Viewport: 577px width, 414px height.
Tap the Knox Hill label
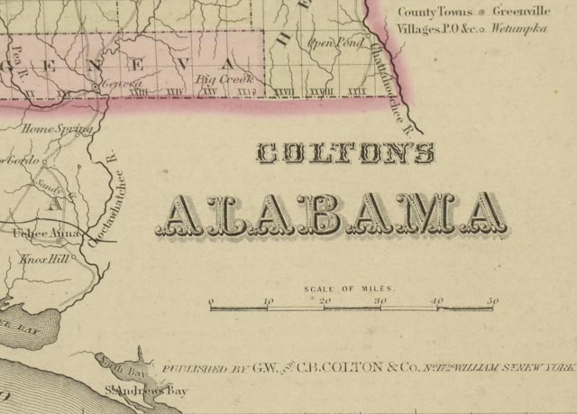45,258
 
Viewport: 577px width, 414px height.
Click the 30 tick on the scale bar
380,301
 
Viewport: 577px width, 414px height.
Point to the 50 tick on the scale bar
492,301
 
